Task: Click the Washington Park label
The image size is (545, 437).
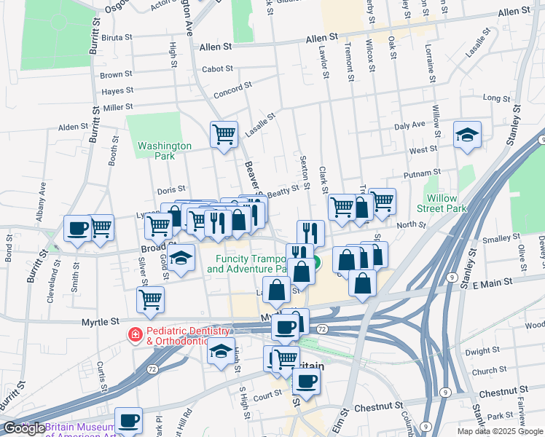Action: click(x=165, y=151)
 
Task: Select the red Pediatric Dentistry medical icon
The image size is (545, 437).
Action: click(x=135, y=335)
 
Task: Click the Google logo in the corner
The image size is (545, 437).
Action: click(x=24, y=428)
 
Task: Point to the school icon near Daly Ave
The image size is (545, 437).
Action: click(x=467, y=135)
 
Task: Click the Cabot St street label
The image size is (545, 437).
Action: click(x=218, y=69)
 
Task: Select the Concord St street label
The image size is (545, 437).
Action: click(x=232, y=95)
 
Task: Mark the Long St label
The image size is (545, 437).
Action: click(x=496, y=98)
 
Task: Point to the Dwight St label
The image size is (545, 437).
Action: click(x=481, y=351)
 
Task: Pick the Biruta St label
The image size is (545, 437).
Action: click(x=117, y=37)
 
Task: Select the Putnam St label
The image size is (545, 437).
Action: click(x=417, y=176)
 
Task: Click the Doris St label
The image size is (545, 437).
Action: click(x=171, y=190)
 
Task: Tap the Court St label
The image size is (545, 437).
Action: click(x=267, y=394)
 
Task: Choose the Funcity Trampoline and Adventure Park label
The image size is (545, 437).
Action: click(x=249, y=264)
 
